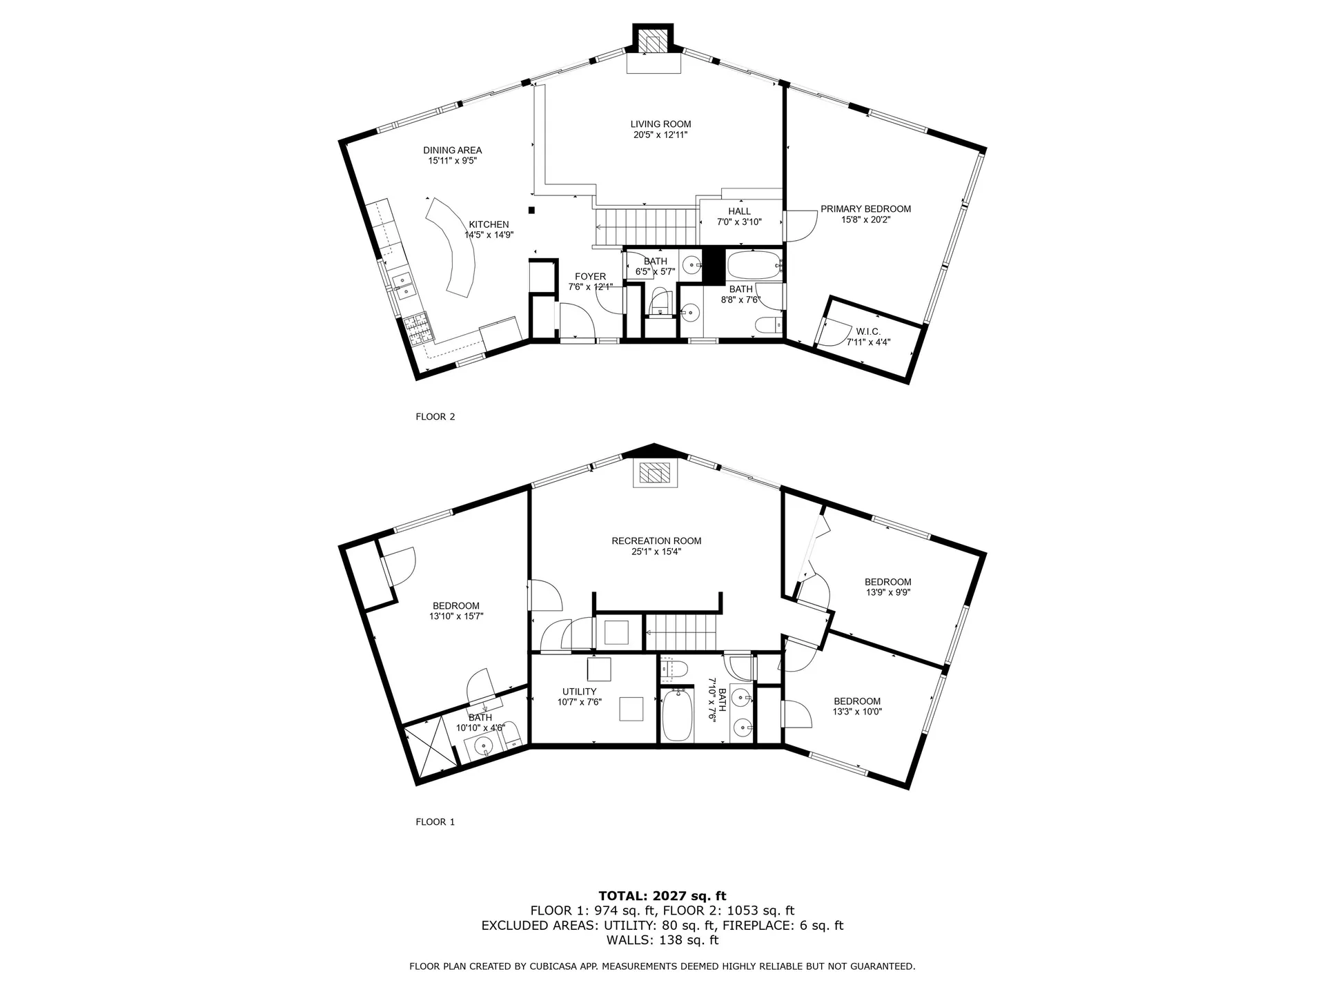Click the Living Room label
click(660, 124)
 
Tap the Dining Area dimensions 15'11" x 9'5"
click(453, 161)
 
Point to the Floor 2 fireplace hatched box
click(653, 42)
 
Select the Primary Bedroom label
click(865, 209)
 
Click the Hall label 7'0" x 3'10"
click(739, 212)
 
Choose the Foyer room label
click(590, 277)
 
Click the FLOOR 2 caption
click(435, 417)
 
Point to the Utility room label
click(579, 692)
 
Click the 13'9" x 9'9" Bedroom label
click(887, 582)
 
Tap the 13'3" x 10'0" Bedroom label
click(856, 701)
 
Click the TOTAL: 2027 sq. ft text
click(662, 897)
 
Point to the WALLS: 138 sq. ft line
click(662, 940)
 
